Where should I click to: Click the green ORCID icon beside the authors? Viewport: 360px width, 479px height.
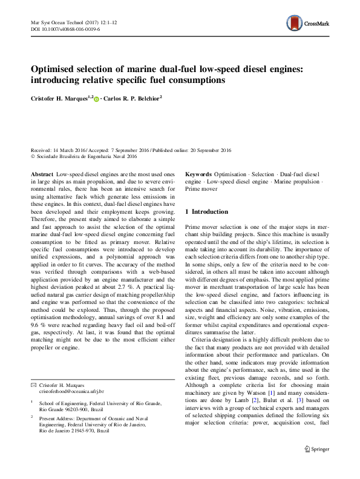click(x=96, y=99)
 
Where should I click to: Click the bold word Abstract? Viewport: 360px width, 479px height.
click(x=42, y=174)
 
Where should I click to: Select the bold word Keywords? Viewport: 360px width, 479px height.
click(x=198, y=174)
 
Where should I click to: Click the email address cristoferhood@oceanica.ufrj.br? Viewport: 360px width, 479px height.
click(x=71, y=392)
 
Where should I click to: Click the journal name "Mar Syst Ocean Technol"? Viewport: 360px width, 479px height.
click(x=55, y=21)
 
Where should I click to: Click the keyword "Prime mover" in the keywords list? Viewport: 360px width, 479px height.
click(x=201, y=188)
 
